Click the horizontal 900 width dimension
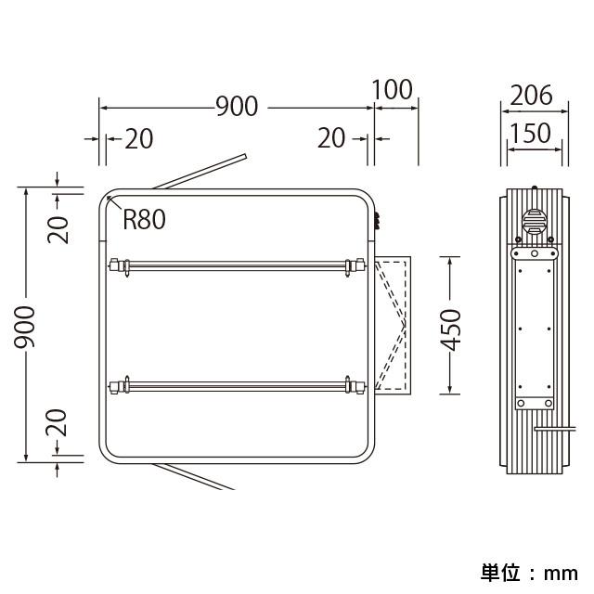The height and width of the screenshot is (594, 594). pyautogui.click(x=238, y=106)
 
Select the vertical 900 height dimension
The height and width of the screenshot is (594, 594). pyautogui.click(x=25, y=327)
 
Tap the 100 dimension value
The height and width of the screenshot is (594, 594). pyautogui.click(x=392, y=90)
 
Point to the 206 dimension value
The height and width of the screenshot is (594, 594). pyautogui.click(x=531, y=95)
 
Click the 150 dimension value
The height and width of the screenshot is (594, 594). pyautogui.click(x=530, y=133)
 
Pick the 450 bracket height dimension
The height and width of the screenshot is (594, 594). pyautogui.click(x=451, y=330)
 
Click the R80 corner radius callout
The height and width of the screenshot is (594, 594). pyautogui.click(x=145, y=219)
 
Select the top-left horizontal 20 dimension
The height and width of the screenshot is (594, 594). pyautogui.click(x=139, y=138)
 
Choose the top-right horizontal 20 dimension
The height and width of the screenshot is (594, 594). pyautogui.click(x=331, y=138)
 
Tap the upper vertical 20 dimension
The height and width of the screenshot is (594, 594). pyautogui.click(x=58, y=229)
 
